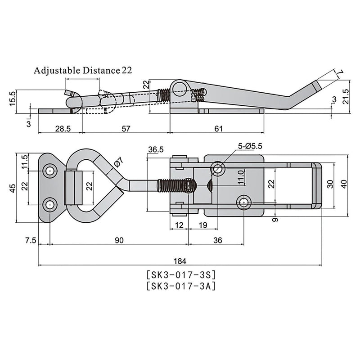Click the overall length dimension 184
point(182,261)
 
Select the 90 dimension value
point(118,240)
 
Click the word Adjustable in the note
point(57,70)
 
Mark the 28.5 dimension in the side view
point(62,129)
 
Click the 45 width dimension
point(12,187)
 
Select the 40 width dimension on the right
point(345,184)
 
